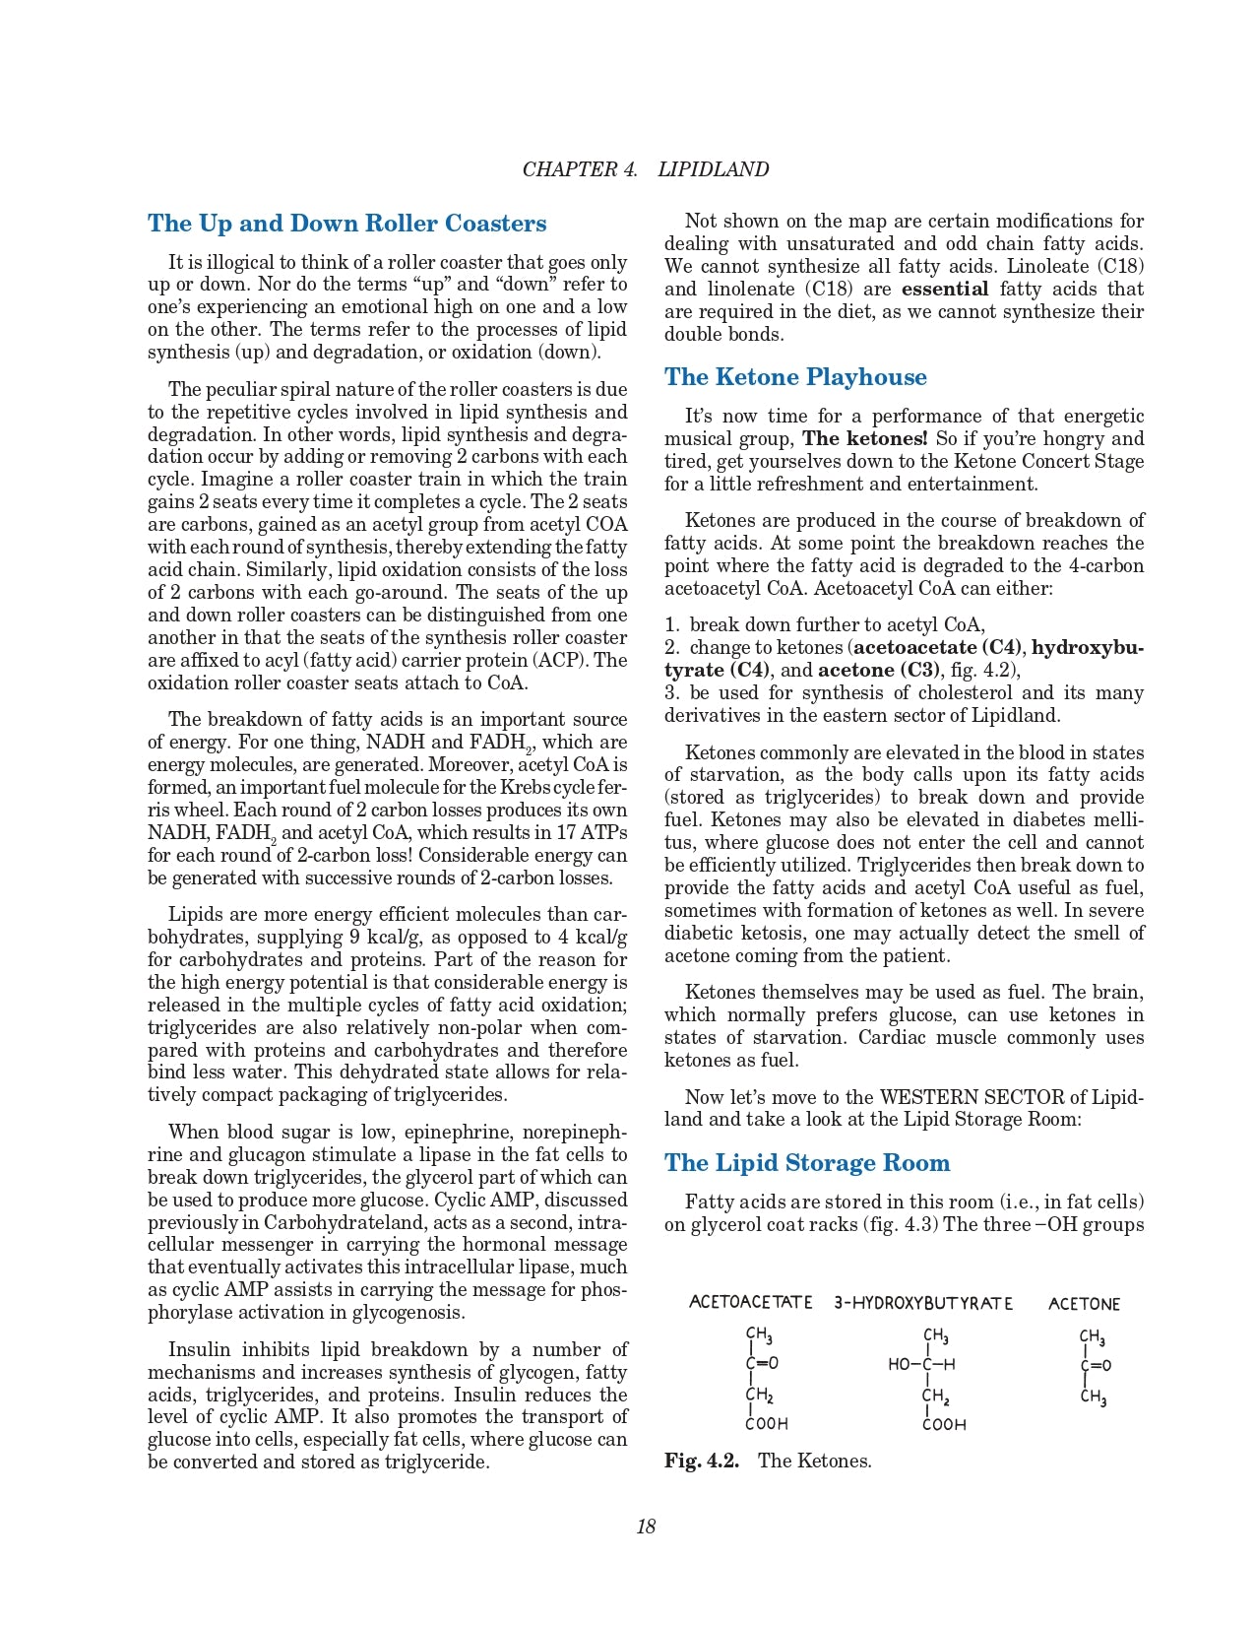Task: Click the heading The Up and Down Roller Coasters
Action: pos(346,224)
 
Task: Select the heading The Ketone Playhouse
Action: pos(795,377)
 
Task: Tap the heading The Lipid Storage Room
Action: pos(807,1163)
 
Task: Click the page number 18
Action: pos(646,1527)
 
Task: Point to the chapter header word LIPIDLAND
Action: pos(713,169)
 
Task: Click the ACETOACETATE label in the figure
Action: pos(751,1303)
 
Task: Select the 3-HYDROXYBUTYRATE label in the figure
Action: pos(923,1303)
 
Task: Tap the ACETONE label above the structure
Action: pos(1084,1304)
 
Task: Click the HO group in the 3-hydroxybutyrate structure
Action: pos(899,1365)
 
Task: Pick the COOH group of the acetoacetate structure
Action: pos(767,1424)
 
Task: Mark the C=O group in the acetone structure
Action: pos(1096,1366)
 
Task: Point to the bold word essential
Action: pos(945,289)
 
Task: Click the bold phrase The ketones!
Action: pos(865,438)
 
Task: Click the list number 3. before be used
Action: pos(672,692)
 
